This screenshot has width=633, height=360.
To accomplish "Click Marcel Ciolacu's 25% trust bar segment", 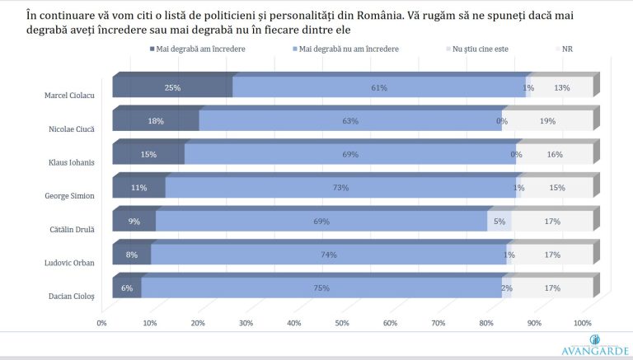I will pos(171,87).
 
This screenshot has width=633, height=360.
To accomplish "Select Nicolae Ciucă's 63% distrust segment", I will pos(350,121).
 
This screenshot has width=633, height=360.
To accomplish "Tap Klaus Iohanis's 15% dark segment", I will pos(148,154).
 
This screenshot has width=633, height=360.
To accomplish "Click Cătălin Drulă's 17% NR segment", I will pos(552,221).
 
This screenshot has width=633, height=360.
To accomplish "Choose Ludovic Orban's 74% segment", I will pos(328,255).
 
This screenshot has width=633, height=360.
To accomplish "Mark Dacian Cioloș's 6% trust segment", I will pos(127,288).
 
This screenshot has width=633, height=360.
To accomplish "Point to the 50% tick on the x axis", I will pos(341,323).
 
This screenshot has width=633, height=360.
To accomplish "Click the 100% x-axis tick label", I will pos(582,323).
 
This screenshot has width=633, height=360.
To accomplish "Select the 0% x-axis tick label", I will pos(102,323).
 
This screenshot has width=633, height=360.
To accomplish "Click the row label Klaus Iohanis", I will pos(69,161).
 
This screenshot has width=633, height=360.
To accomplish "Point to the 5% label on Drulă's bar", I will pos(499,221).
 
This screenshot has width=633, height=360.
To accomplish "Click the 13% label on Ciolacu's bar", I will pos(562,87).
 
